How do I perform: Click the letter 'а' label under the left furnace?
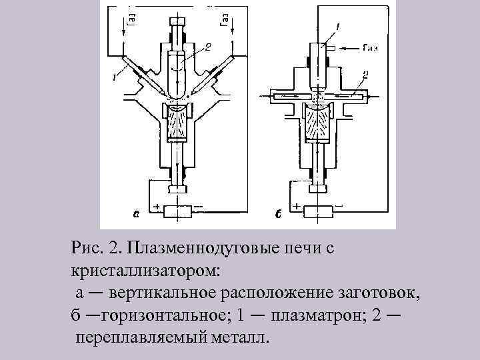coord(136,215)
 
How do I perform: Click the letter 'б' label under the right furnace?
coord(278,215)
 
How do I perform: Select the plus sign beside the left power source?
coord(157,207)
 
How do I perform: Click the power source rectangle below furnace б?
coord(319,211)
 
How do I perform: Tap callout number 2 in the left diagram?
coord(207,47)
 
